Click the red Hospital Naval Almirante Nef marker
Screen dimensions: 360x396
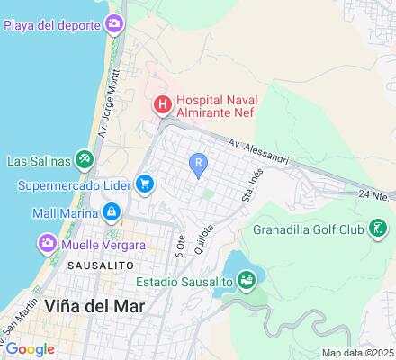pyautogui.click(x=162, y=104)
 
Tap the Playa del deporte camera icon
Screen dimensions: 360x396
pyautogui.click(x=114, y=23)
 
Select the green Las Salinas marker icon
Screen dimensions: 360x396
pyautogui.click(x=83, y=161)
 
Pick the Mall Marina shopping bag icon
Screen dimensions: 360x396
pyautogui.click(x=111, y=212)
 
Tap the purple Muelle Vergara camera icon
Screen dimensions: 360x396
pyautogui.click(x=48, y=243)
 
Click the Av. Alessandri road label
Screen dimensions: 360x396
pyautogui.click(x=258, y=152)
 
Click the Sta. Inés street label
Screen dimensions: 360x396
pyautogui.click(x=249, y=185)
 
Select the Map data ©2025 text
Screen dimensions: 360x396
pyautogui.click(x=358, y=353)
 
